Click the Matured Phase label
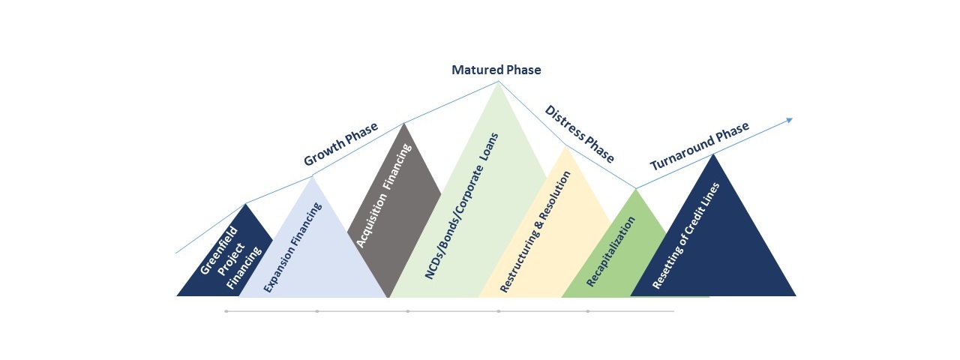click(x=496, y=70)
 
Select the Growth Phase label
click(x=340, y=143)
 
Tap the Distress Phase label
click(x=580, y=133)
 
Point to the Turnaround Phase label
click(x=700, y=145)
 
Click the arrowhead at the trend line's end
click(x=790, y=120)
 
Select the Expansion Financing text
click(x=292, y=247)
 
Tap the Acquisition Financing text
click(x=384, y=196)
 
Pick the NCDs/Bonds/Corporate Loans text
click(x=461, y=206)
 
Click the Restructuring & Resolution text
click(x=535, y=232)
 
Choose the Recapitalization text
click(x=610, y=251)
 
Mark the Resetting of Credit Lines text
click(x=685, y=235)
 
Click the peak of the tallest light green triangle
click(x=498, y=82)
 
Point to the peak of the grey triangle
click(x=403, y=124)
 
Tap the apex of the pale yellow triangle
click(x=566, y=146)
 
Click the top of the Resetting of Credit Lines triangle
click(x=713, y=154)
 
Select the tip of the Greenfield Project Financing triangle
click(x=245, y=204)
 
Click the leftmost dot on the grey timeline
click(x=226, y=311)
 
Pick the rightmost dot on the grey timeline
click(x=587, y=311)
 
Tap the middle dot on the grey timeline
click(x=407, y=311)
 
